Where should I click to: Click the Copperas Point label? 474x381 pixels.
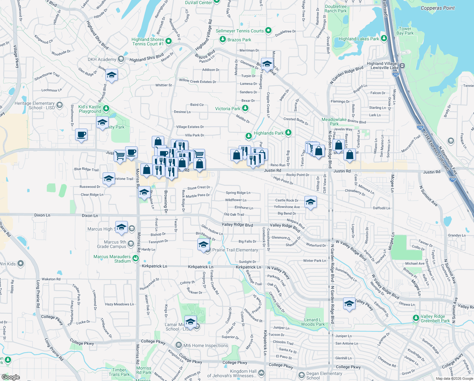[437, 8]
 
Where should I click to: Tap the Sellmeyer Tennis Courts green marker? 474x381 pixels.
[268, 30]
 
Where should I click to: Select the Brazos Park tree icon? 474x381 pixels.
[223, 39]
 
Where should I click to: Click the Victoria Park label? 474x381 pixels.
[227, 109]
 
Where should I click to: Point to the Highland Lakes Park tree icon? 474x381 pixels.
[384, 38]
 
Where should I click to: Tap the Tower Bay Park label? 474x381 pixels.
[405, 31]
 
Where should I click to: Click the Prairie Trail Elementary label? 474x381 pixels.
[235, 250]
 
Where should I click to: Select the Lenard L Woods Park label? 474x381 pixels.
[313, 322]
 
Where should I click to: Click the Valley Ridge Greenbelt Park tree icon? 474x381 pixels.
[416, 318]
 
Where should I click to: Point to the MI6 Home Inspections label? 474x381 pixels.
[206, 345]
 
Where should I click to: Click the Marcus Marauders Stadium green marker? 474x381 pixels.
[136, 258]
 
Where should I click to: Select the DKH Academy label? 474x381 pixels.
[102, 59]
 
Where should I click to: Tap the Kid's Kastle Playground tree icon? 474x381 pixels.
[106, 109]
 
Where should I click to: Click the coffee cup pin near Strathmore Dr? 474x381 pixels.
[81, 135]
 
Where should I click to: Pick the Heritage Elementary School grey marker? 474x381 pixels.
[60, 105]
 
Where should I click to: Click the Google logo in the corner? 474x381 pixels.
[10, 377]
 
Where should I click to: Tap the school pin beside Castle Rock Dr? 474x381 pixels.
[311, 202]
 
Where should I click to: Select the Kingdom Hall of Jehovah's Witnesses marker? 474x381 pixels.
[261, 373]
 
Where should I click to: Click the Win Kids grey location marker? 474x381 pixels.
[21, 264]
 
